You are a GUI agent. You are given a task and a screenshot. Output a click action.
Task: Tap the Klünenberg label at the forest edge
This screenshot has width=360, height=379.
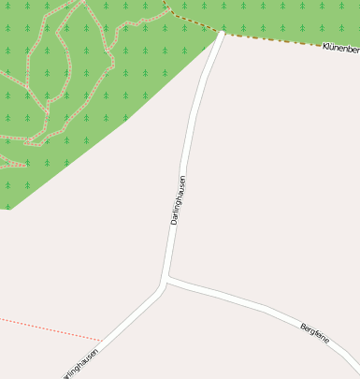coord(340,47)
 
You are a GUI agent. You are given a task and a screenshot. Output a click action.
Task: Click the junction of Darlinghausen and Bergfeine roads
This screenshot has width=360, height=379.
coord(166,279)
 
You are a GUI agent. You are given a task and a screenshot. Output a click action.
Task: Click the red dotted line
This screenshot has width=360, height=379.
coord(47,328)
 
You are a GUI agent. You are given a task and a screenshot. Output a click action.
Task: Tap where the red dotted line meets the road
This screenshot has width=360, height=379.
coord(102,340)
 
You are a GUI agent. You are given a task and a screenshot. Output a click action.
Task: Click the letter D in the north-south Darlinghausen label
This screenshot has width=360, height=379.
coord(174,221)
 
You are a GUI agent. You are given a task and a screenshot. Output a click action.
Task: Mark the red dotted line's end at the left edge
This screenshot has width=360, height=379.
coord(2,319)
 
